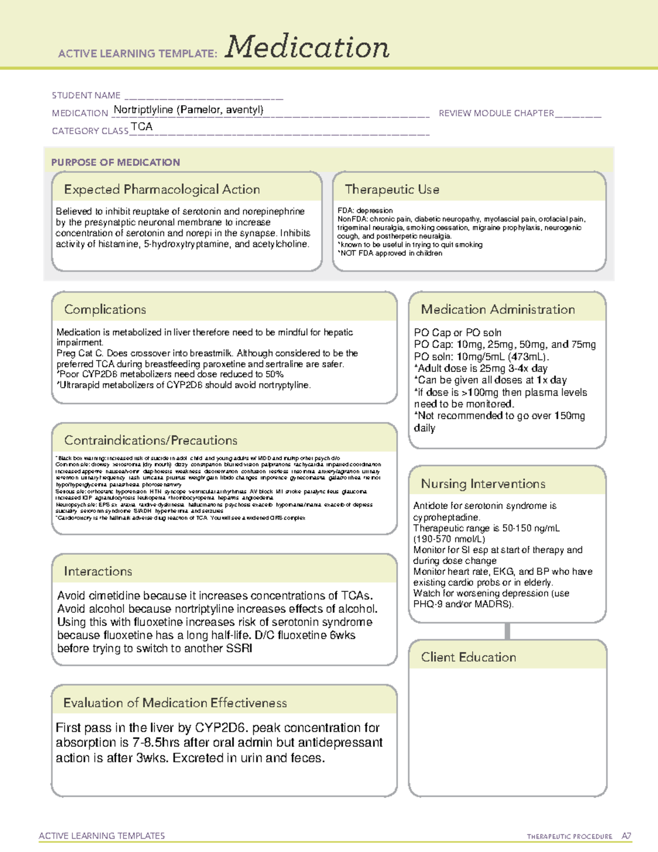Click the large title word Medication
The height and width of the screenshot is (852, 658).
pos(307,47)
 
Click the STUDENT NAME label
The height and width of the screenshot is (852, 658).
pos(86,95)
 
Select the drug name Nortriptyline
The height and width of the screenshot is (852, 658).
pos(143,110)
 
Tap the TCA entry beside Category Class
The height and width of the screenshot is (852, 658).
pos(141,127)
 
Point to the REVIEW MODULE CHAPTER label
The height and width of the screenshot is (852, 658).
pos(496,113)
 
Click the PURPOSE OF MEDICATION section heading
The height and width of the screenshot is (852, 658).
pos(116,162)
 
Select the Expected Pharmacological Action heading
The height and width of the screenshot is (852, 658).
pos(162,189)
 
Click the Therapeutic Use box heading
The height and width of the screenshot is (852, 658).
pos(392,189)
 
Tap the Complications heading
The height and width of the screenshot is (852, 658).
pos(105,309)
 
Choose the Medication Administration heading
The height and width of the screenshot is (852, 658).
pos(497,309)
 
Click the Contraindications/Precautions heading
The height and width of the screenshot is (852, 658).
pos(151,440)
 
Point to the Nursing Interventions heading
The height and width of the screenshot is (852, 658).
pos(483,484)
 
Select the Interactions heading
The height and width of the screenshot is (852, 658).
pos(98,571)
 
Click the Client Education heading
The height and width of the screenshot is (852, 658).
pos(468,657)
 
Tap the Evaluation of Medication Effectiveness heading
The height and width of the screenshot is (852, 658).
pos(175,703)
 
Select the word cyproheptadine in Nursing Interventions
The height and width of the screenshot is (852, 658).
pos(446,517)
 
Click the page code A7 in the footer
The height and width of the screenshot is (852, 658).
pos(626,836)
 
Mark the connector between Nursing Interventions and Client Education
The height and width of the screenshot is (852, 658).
pos(507,631)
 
